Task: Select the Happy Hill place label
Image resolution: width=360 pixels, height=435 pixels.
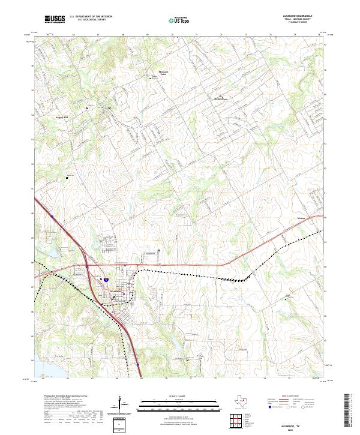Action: pyautogui.click(x=62, y=116)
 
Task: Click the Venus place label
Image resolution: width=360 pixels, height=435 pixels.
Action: pyautogui.click(x=302, y=218)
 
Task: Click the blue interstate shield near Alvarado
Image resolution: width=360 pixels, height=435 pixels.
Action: pyautogui.click(x=105, y=280)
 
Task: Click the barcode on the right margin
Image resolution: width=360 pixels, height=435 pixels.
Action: pyautogui.click(x=352, y=411)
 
